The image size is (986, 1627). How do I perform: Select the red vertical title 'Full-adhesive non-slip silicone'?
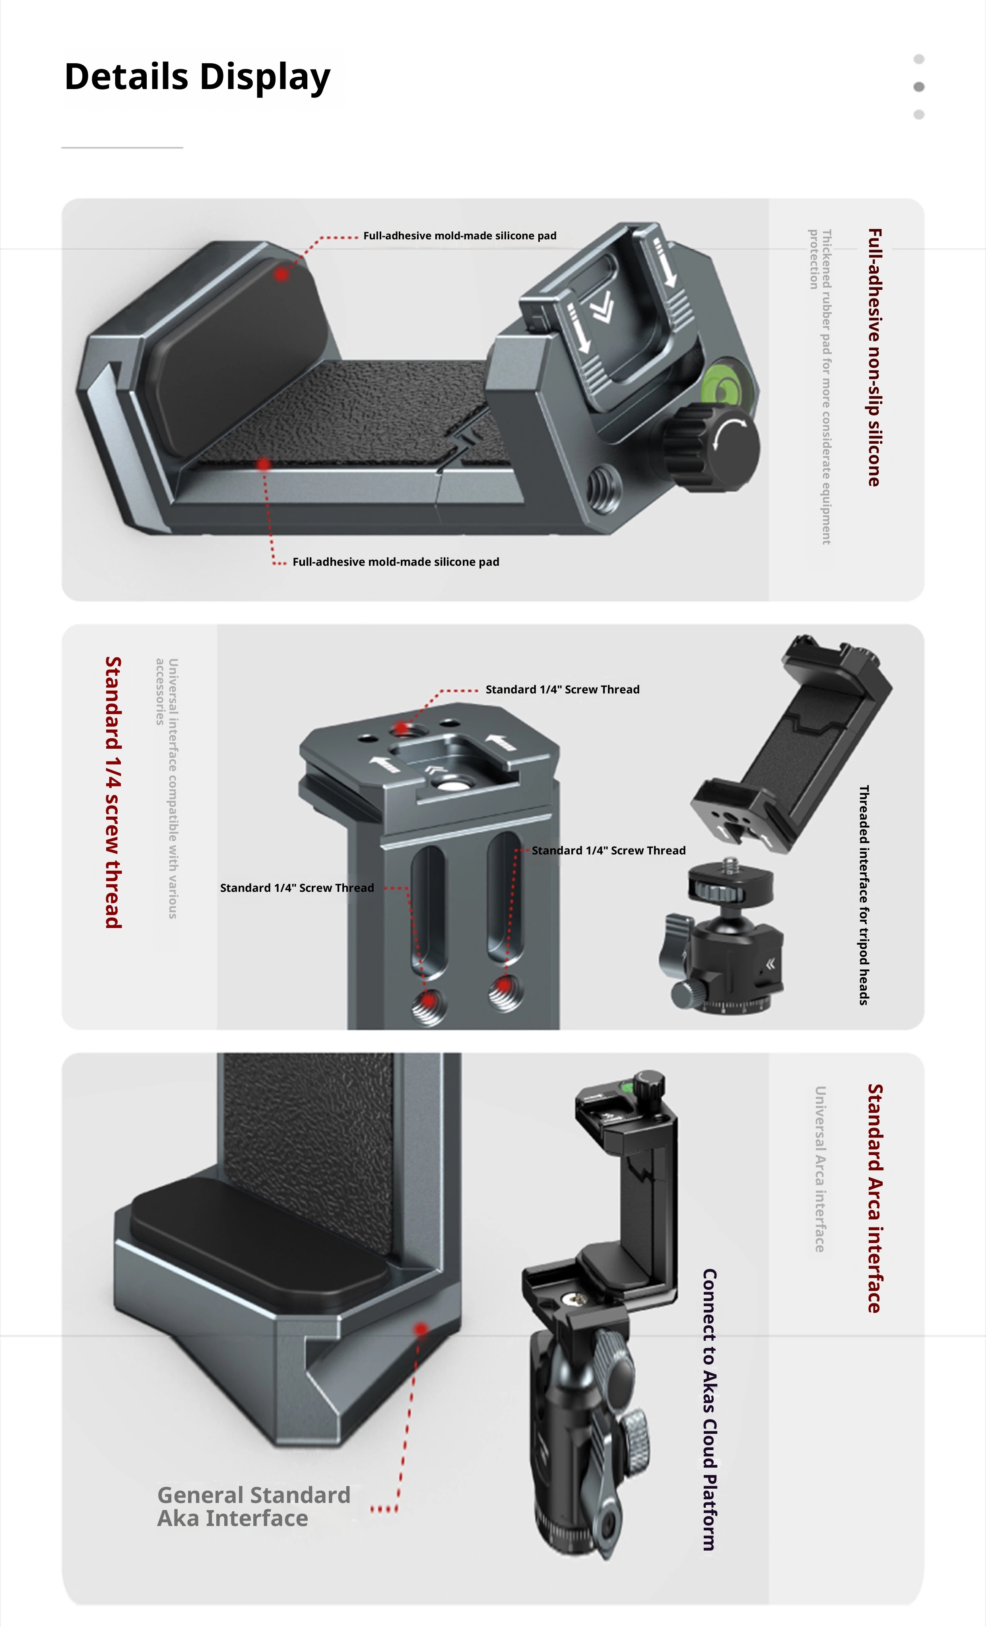click(874, 357)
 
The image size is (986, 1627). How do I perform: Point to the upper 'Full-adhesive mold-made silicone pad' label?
click(460, 236)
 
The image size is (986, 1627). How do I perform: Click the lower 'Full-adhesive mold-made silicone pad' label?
click(396, 562)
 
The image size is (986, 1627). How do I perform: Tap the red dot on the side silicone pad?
click(282, 274)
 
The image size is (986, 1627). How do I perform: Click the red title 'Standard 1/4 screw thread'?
click(114, 792)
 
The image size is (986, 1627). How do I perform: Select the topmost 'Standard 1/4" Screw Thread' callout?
click(563, 689)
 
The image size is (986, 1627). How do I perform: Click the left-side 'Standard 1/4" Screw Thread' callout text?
click(297, 888)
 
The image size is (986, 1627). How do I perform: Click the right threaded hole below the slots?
click(506, 990)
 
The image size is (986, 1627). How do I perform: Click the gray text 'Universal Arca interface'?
click(819, 1169)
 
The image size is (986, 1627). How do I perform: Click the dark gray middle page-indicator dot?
click(919, 87)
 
